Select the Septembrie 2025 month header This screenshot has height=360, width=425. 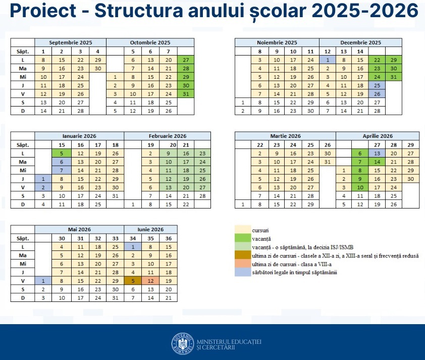pos(70,42)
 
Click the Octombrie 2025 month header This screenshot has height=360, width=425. pos(150,42)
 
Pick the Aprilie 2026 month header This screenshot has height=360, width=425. pos(378,136)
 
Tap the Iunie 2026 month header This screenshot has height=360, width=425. pos(150,229)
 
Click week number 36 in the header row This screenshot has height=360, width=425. pos(168,238)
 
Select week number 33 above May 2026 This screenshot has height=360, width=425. pos(115,238)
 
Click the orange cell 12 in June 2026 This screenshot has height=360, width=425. pos(150,281)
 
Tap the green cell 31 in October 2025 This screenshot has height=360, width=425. pos(185,94)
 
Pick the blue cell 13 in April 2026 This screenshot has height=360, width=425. pos(377,153)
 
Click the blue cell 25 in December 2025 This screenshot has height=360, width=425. pos(377,85)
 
